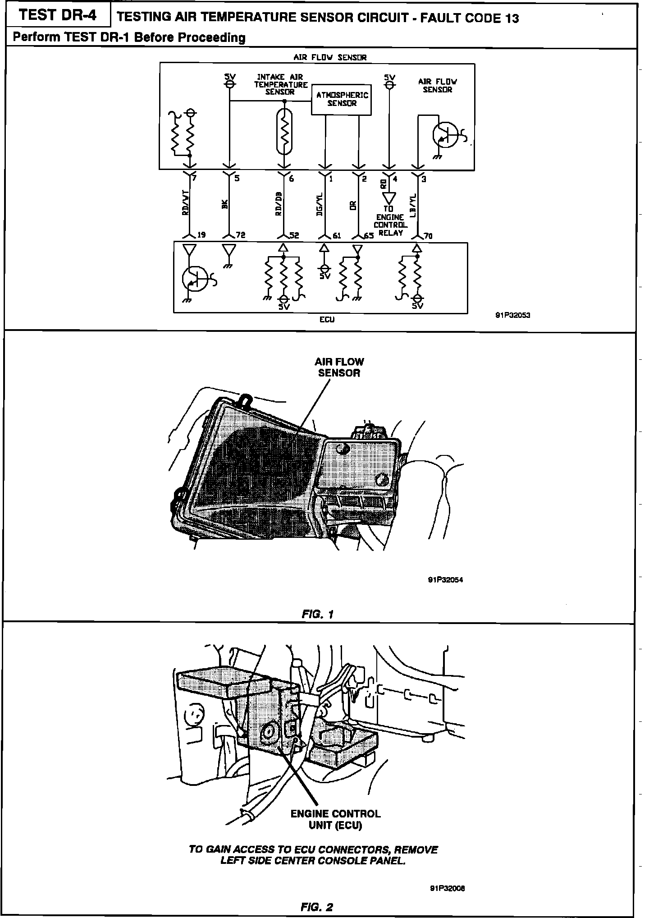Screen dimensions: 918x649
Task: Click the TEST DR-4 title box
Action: (58, 16)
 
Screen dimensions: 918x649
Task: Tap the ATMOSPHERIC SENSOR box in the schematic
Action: (342, 99)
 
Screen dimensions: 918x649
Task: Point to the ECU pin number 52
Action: (294, 235)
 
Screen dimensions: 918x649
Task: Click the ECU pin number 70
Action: (428, 235)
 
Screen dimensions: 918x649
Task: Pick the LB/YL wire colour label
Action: (413, 206)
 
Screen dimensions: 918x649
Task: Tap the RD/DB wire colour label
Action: (279, 204)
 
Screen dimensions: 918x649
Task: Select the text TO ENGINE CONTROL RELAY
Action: (390, 221)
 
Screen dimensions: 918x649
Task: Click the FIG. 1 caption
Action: (318, 614)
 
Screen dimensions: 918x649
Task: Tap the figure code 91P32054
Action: (445, 580)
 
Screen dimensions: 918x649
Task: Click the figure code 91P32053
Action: (512, 316)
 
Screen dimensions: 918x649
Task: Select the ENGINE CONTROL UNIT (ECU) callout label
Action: (335, 819)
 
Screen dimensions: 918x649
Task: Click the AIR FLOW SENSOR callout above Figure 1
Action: (339, 367)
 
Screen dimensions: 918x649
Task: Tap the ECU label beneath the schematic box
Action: (327, 319)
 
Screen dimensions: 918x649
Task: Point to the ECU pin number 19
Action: (201, 235)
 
